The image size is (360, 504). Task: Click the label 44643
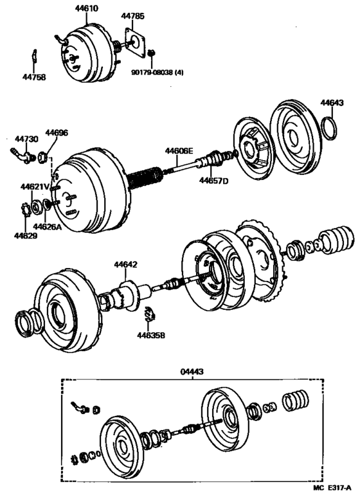pos(332,103)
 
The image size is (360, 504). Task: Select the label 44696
pos(56,133)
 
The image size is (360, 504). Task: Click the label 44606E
pos(179,151)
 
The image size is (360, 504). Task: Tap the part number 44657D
pos(213,181)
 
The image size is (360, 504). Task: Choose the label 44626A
pos(48,226)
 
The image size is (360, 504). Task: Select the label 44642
pos(126,264)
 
